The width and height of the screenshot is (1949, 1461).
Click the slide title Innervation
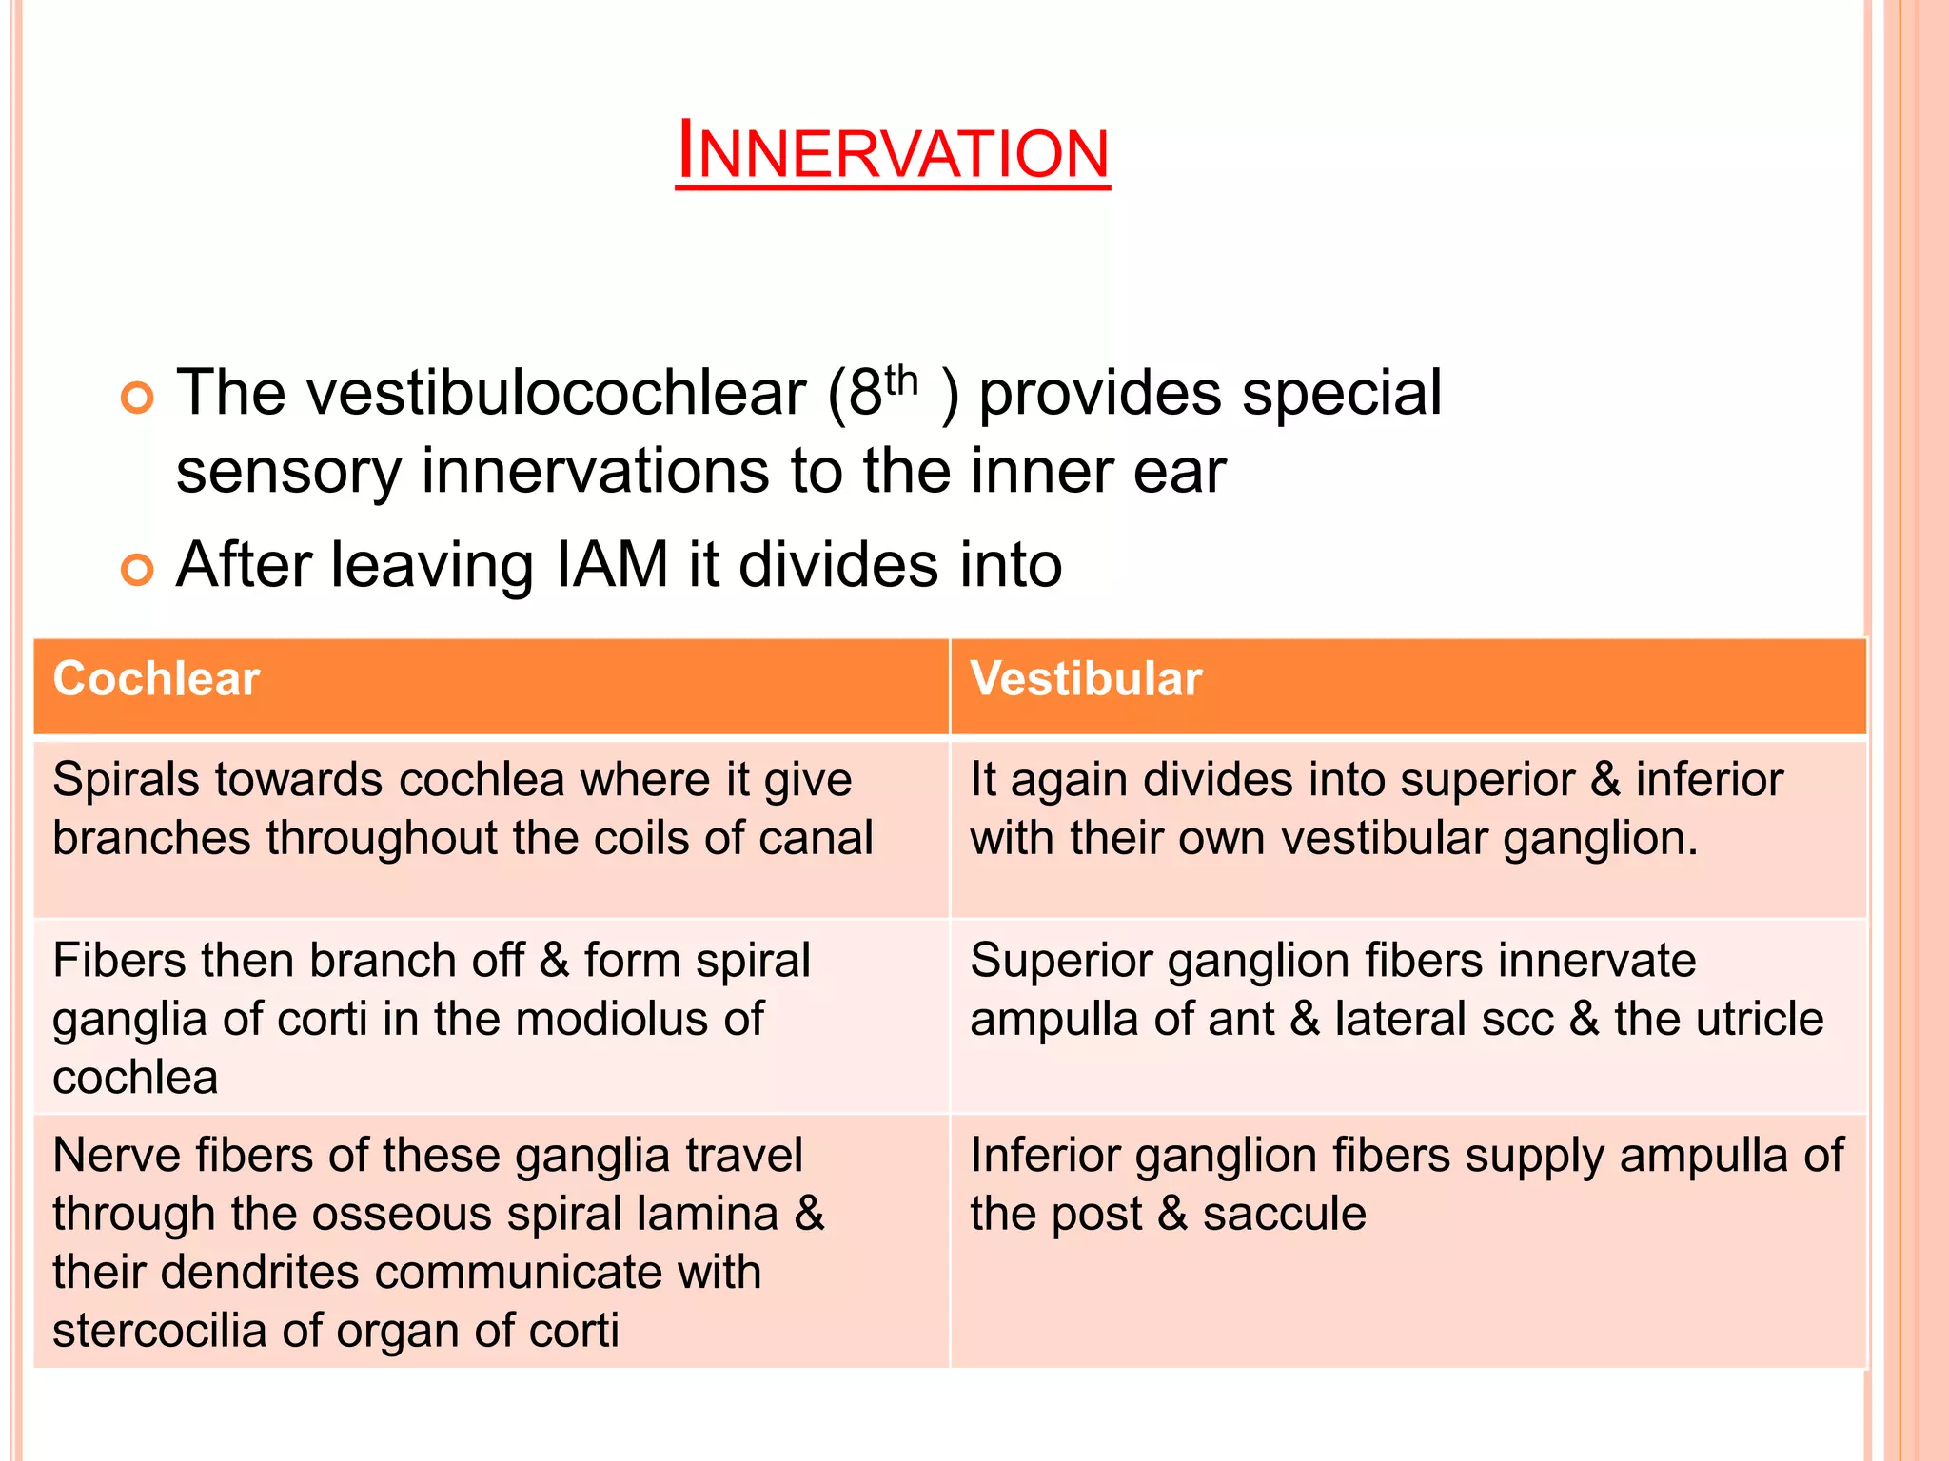pos(893,152)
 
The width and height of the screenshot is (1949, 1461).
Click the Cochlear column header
pos(156,679)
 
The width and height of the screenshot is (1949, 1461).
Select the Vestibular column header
pos(1086,679)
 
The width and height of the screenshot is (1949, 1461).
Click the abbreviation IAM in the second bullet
pos(612,565)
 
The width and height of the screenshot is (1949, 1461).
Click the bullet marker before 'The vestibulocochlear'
pos(137,398)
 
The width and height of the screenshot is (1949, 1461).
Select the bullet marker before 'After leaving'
pos(137,570)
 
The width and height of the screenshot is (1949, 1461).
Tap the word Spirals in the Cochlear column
pos(126,780)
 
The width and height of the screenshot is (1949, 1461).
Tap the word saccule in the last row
pos(1284,1215)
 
